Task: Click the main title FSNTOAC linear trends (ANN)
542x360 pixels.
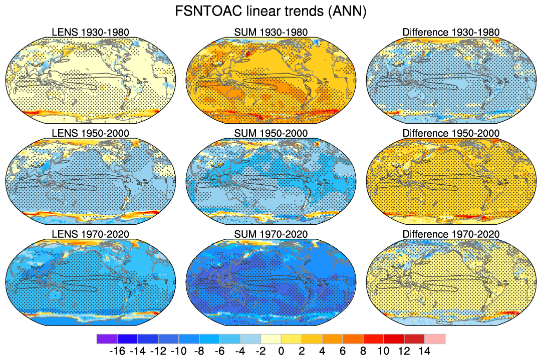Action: (x=271, y=12)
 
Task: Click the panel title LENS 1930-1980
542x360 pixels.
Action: (x=91, y=33)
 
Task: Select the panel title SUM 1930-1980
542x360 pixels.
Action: (x=271, y=33)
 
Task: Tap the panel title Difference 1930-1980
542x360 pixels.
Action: (x=451, y=33)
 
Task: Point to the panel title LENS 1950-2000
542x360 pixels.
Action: (x=91, y=133)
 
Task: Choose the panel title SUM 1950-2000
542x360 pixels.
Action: (x=271, y=133)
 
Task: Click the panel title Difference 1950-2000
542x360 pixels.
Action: (x=451, y=133)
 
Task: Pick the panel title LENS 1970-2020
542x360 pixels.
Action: (x=91, y=234)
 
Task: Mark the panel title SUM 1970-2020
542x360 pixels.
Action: (x=271, y=234)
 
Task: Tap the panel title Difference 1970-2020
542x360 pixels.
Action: (x=451, y=234)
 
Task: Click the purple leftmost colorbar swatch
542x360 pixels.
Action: (x=107, y=339)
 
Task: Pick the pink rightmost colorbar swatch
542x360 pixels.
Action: (x=435, y=339)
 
